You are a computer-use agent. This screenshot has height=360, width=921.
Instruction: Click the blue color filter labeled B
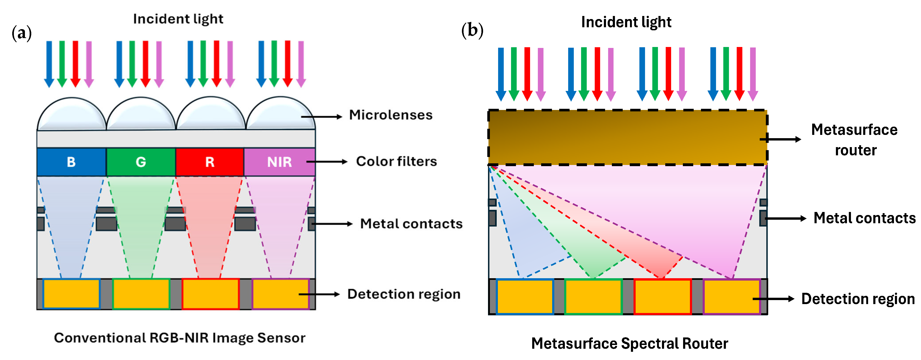click(71, 162)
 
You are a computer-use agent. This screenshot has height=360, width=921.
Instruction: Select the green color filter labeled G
click(141, 162)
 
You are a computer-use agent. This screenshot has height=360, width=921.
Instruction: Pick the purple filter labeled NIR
click(279, 162)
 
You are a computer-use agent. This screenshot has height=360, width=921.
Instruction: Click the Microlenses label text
click(390, 115)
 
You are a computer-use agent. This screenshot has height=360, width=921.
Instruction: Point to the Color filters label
click(396, 162)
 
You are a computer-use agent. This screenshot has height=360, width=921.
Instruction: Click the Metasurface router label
click(854, 140)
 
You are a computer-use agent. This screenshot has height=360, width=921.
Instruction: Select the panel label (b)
click(472, 30)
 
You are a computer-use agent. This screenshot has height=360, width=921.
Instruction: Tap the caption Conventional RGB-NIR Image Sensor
click(180, 338)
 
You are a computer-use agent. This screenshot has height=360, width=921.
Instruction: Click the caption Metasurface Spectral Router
click(629, 344)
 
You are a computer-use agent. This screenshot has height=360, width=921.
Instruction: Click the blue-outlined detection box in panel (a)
click(71, 294)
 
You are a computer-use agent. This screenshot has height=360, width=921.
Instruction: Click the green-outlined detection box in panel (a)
click(141, 294)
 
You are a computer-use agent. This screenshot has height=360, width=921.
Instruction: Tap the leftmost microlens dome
click(71, 114)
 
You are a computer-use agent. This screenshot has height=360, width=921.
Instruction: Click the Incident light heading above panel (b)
click(626, 22)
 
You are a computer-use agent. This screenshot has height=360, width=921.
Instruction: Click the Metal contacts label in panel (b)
click(864, 218)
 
